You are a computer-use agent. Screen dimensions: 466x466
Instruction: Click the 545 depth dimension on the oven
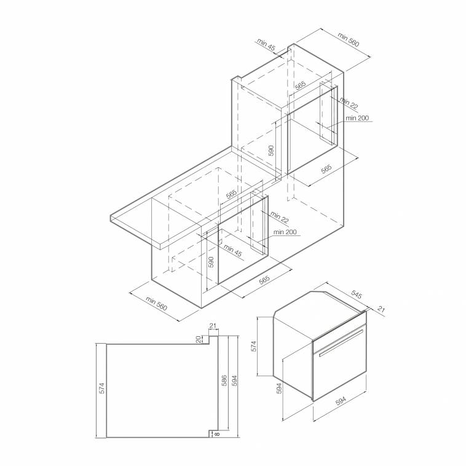pos(357,294)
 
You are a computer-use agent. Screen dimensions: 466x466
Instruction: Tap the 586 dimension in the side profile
pos(224,381)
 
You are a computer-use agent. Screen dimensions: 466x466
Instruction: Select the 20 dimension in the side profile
pos(199,339)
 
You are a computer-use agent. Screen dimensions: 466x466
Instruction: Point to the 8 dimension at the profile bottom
pos(216,434)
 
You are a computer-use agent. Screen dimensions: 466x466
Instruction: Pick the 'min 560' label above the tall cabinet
pos(349,39)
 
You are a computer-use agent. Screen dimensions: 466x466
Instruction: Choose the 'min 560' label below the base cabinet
pos(156,303)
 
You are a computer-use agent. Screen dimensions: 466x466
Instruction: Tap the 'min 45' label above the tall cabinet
pos(266,44)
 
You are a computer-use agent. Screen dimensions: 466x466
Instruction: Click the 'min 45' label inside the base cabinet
pos(233,250)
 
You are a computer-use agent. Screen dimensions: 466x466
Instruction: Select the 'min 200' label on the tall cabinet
pos(357,118)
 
